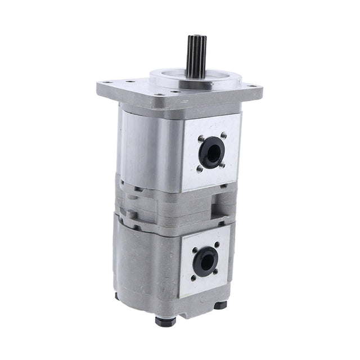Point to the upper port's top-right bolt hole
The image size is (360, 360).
coord(224,134)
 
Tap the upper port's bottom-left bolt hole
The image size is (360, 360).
coord(200,168)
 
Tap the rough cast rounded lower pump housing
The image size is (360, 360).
coord(143,264)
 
